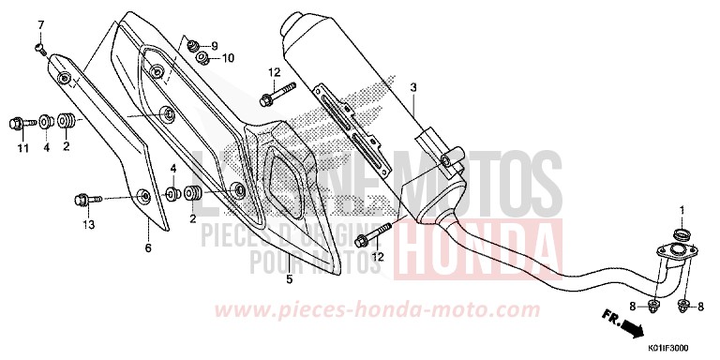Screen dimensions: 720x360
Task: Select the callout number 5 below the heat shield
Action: [x=289, y=279]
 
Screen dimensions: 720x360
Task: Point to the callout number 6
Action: [x=147, y=247]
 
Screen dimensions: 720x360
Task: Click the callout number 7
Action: [x=40, y=22]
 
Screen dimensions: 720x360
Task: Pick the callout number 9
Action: [x=214, y=46]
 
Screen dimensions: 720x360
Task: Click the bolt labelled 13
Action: [x=81, y=199]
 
